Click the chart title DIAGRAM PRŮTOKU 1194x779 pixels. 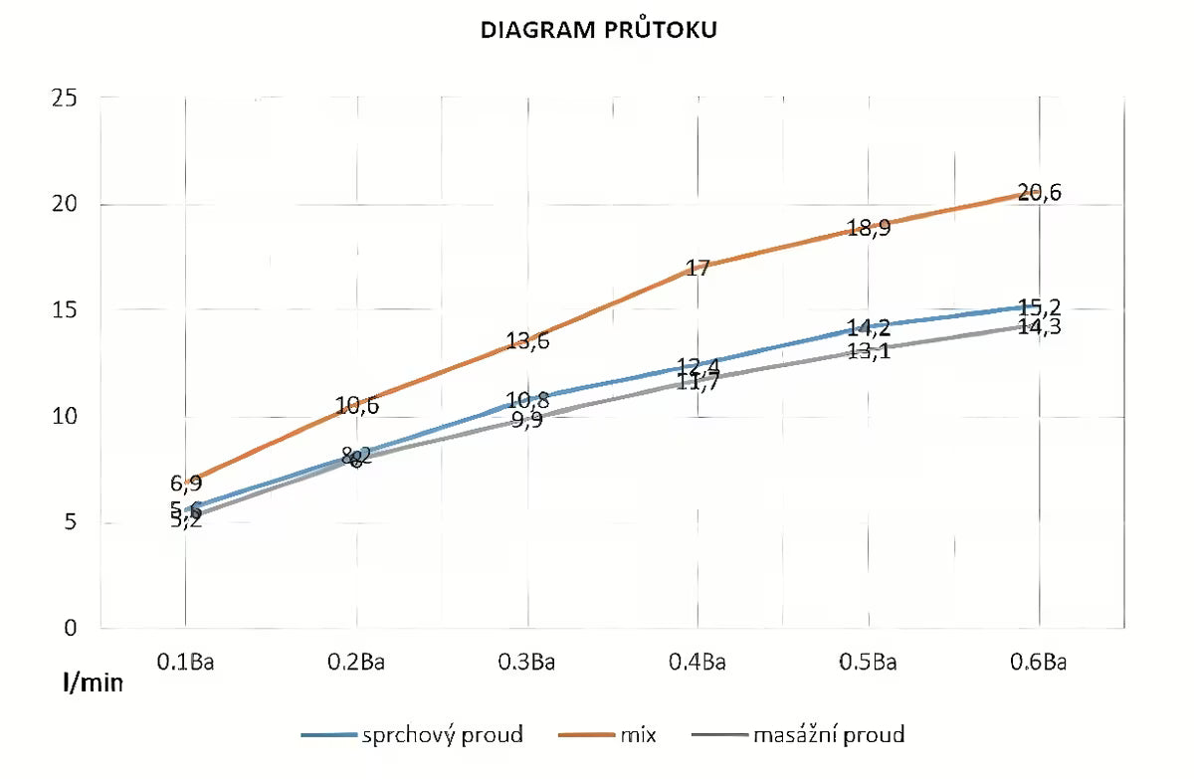[598, 31]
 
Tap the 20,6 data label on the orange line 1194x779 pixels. [1040, 193]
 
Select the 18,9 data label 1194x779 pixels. [869, 228]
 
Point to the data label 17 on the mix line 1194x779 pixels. [697, 268]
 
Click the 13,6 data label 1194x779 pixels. [527, 341]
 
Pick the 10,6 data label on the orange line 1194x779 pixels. [356, 405]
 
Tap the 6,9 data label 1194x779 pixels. [186, 484]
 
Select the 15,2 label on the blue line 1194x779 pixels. [1040, 306]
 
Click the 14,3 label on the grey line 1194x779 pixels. [1040, 326]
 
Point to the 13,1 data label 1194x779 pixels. [869, 350]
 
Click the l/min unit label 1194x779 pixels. [93, 683]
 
